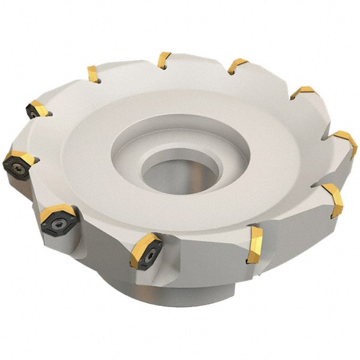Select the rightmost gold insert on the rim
(347, 143)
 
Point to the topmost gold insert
(164, 60)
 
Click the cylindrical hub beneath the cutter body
(180, 294)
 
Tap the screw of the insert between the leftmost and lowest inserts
(58, 224)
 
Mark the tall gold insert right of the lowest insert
(254, 244)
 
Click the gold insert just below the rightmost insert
(334, 200)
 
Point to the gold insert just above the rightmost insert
(303, 92)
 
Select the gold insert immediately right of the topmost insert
(237, 65)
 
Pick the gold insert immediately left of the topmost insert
(93, 74)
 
